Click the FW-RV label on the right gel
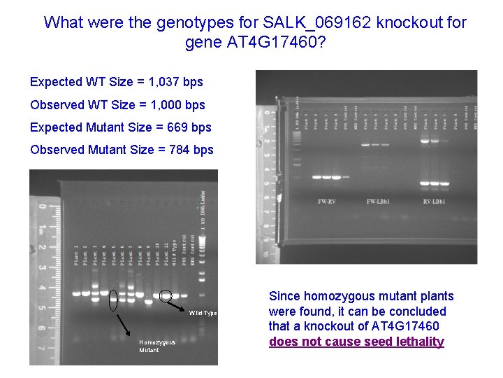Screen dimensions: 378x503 tap(326, 202)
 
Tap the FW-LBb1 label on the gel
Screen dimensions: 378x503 tap(381, 202)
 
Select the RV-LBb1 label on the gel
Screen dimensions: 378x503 tap(434, 202)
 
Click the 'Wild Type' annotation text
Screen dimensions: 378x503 tap(203, 312)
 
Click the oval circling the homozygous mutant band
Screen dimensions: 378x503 tap(113, 299)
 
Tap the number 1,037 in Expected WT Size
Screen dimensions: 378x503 tap(154, 82)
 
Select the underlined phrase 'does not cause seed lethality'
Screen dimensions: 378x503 tap(356, 342)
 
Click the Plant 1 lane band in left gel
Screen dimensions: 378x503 tap(76, 292)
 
